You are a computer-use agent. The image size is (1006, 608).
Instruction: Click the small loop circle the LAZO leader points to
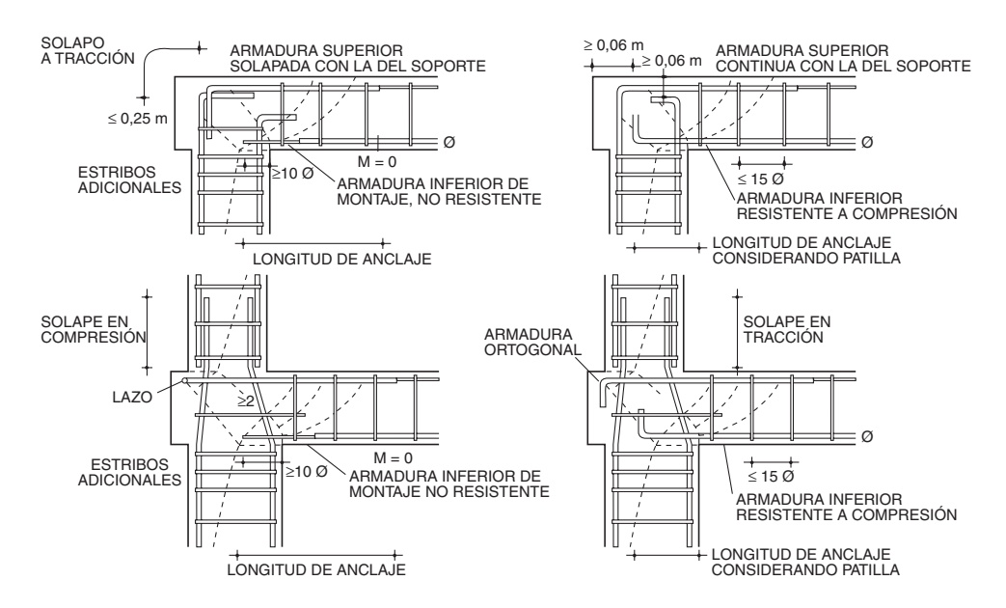[x=183, y=381]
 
